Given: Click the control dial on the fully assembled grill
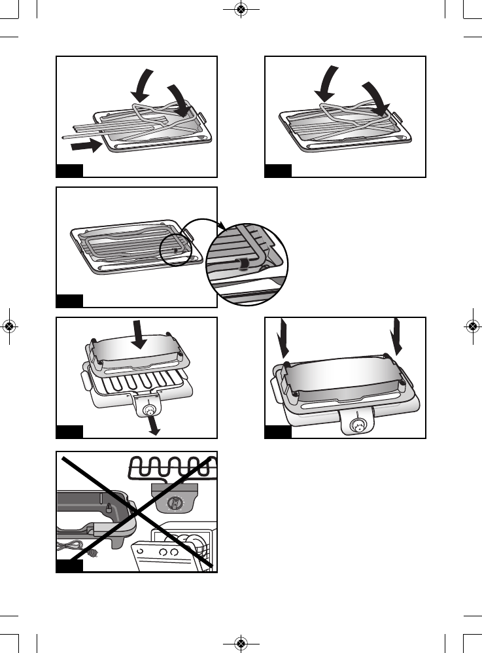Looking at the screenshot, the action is (358, 426).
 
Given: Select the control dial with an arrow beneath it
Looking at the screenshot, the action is (150, 410).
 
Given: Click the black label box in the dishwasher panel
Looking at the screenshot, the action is (69, 565).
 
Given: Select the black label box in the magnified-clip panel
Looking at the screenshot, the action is (69, 300).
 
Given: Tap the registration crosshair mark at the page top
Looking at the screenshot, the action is (241, 10).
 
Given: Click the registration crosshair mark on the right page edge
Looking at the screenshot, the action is (472, 326).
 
